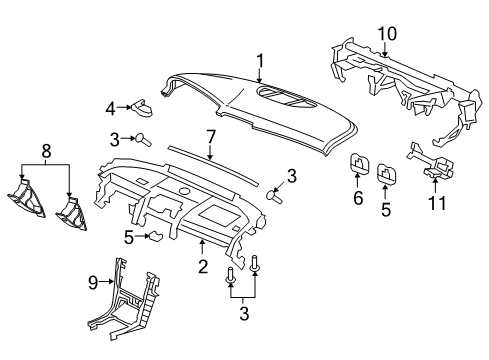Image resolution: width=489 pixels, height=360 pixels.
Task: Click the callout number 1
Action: [x=260, y=61]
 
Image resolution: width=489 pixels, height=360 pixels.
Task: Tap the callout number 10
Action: [x=387, y=34]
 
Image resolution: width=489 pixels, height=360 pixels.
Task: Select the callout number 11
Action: [x=437, y=203]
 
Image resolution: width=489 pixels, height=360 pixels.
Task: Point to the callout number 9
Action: [x=93, y=283]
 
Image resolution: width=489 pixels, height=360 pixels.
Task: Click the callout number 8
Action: [x=46, y=151]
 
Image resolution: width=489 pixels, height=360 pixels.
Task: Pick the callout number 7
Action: [x=211, y=137]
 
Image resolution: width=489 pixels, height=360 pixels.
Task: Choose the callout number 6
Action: [x=358, y=198]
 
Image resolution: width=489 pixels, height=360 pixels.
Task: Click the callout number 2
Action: [x=203, y=266]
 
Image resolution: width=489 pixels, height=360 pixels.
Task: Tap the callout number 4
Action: [x=110, y=109]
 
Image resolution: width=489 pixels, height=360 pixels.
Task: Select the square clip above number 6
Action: [x=359, y=164]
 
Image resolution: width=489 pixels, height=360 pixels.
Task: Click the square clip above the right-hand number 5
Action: [x=387, y=173]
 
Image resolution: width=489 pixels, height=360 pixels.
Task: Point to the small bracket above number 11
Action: [x=430, y=163]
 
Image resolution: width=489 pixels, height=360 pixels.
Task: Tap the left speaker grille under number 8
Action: [x=26, y=199]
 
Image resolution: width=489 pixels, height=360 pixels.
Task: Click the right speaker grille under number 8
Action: [x=72, y=214]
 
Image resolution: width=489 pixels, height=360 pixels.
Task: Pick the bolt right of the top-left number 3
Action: [x=143, y=139]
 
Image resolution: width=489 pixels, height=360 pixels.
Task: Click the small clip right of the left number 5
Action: [x=156, y=236]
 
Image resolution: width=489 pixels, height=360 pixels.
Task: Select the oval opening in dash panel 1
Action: [x=286, y=97]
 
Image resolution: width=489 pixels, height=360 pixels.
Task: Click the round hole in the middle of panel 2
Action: [x=184, y=191]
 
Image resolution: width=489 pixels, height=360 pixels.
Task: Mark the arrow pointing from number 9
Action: [x=107, y=282]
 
